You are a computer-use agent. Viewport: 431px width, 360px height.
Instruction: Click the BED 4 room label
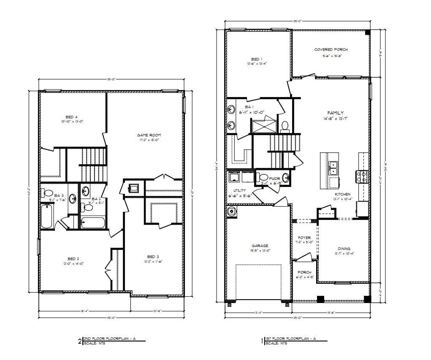point(71,117)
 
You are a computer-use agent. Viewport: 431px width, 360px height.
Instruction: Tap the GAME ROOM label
point(149,135)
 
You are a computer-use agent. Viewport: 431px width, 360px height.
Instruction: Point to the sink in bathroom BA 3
point(73,198)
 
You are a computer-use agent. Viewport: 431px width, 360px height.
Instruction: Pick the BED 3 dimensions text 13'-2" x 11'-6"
point(153,261)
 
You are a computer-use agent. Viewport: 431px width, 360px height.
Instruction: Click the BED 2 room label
point(72,259)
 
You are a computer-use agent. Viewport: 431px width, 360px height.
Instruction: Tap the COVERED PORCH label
point(331,49)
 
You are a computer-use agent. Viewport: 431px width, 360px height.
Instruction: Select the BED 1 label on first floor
point(257,59)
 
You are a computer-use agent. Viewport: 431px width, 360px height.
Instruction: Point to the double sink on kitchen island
point(333,168)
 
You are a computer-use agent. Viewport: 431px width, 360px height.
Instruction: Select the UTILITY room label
point(237,191)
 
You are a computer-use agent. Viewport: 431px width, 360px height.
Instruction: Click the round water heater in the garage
point(231,212)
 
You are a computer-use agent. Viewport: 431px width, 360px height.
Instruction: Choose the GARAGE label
point(260,246)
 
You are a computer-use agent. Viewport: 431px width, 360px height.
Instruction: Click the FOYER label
point(304,238)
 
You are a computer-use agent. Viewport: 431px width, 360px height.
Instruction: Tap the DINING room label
point(344,249)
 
